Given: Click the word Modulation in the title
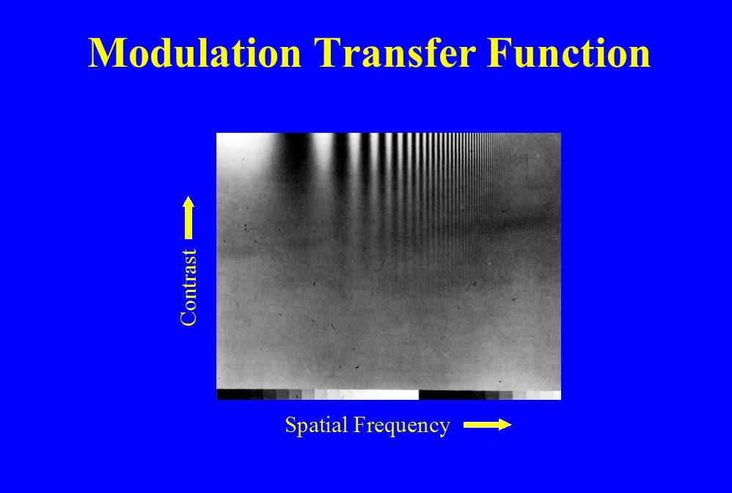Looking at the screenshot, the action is click(x=194, y=52).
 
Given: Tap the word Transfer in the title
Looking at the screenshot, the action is click(x=395, y=52).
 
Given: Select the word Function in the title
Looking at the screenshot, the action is click(x=568, y=52).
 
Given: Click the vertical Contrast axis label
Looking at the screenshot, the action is click(x=189, y=287).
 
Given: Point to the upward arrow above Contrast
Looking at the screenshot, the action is click(x=189, y=218).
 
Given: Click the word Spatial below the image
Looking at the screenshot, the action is click(x=317, y=426).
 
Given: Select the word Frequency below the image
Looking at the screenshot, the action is click(x=402, y=426).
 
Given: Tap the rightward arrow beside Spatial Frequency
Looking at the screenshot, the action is click(x=487, y=424).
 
